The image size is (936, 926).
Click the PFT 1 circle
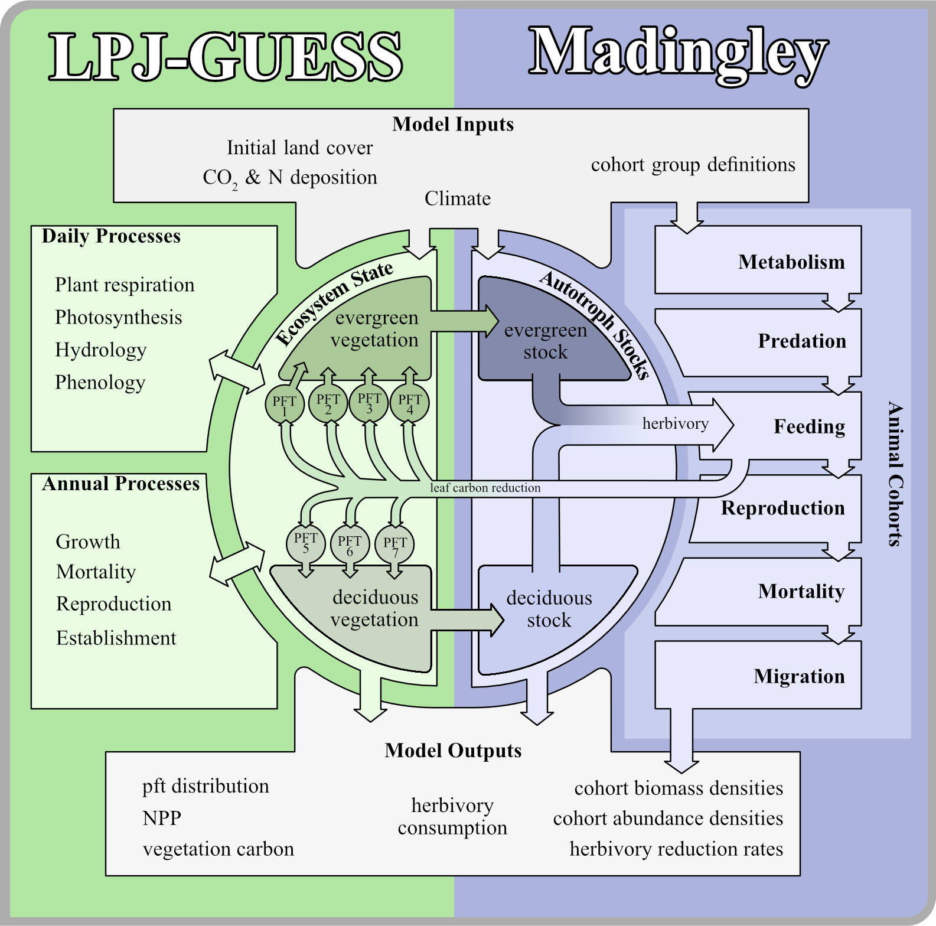click(285, 405)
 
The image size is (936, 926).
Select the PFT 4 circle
click(410, 404)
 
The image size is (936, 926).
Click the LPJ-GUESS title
click(226, 57)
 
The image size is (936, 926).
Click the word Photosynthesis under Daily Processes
click(119, 317)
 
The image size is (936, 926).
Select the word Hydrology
click(101, 350)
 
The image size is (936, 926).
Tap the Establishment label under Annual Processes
click(116, 638)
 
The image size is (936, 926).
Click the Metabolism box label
click(791, 262)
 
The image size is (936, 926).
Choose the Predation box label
click(802, 341)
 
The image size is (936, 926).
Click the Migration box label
click(799, 676)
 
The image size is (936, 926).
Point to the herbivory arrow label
click(675, 423)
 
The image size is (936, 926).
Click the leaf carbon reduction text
click(485, 488)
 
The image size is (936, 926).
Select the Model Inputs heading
click(453, 124)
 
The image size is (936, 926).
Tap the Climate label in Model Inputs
click(458, 198)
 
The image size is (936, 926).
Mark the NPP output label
click(162, 818)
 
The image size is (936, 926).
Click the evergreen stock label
click(546, 341)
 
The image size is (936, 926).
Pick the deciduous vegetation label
click(374, 608)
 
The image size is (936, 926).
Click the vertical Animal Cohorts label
click(895, 474)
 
